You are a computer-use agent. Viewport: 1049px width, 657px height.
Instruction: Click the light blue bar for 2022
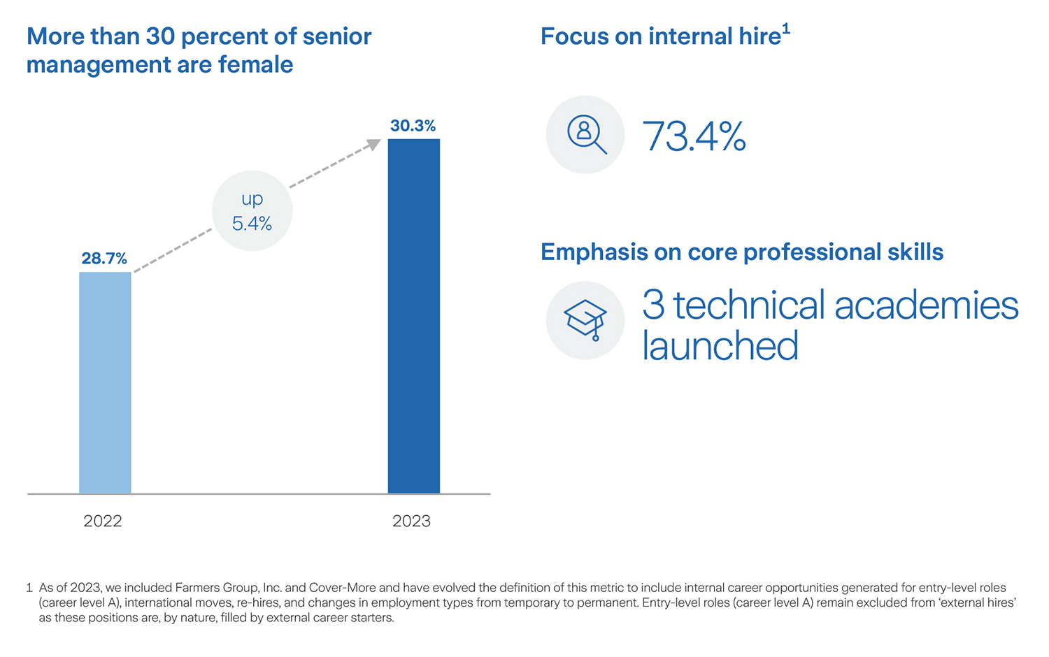click(x=105, y=382)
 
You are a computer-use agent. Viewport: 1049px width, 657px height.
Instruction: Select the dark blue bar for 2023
click(x=414, y=316)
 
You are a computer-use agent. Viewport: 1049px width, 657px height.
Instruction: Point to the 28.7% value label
click(x=104, y=259)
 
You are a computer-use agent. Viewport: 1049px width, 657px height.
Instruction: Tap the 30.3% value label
click(x=413, y=126)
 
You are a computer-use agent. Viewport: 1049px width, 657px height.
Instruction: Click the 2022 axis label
click(x=103, y=521)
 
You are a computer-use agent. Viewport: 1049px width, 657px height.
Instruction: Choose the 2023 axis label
click(x=411, y=521)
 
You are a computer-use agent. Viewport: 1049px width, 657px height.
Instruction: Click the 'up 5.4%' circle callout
click(x=252, y=211)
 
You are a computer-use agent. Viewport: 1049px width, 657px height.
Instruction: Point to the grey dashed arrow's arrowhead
click(x=374, y=144)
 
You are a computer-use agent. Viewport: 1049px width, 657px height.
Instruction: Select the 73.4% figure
click(x=694, y=136)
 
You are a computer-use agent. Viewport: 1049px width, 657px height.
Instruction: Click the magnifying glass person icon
click(x=585, y=134)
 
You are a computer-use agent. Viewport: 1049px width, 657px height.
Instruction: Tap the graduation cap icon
click(x=585, y=320)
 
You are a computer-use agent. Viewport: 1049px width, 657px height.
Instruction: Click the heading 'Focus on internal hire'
click(x=660, y=36)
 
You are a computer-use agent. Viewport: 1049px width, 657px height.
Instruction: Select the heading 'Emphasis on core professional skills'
click(x=742, y=252)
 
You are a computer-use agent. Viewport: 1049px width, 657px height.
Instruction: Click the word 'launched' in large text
click(x=720, y=346)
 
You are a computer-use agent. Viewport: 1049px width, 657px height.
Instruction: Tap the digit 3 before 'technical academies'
click(x=652, y=306)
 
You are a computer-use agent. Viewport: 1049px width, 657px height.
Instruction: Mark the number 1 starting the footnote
click(x=29, y=588)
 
